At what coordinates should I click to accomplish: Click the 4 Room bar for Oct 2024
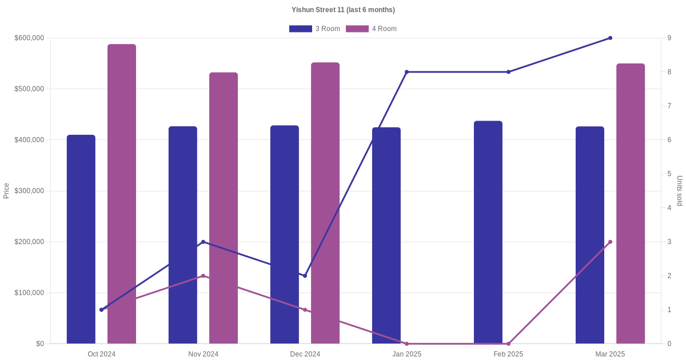(x=122, y=194)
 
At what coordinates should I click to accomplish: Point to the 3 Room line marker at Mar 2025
(x=610, y=38)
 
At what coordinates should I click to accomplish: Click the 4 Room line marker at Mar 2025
(x=610, y=242)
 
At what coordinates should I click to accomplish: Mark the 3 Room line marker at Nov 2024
(x=203, y=242)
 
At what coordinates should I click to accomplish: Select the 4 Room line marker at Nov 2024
(x=203, y=276)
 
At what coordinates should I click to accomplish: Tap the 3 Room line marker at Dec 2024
(x=305, y=276)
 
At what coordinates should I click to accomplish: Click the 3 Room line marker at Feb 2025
(x=508, y=72)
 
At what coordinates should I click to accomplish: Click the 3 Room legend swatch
(x=301, y=29)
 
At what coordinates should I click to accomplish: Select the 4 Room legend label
(x=384, y=29)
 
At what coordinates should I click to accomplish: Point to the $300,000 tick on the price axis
(x=29, y=191)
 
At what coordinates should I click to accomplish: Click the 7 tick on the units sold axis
(x=669, y=106)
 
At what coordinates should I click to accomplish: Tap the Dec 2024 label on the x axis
(x=305, y=354)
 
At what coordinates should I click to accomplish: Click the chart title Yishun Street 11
(x=343, y=10)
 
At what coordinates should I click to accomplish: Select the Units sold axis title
(x=680, y=191)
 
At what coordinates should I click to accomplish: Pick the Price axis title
(x=6, y=191)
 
